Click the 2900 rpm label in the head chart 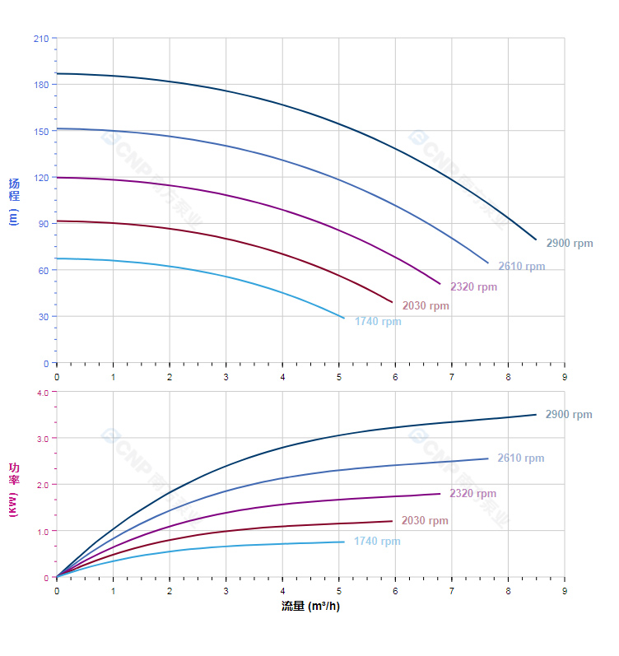tap(569, 244)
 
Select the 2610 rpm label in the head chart tap(521, 267)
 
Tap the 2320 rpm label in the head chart tap(473, 287)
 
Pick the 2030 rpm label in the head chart tap(426, 306)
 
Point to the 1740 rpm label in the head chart tap(378, 322)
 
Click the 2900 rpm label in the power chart tap(569, 415)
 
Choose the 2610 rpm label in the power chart tap(520, 458)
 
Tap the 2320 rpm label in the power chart tap(472, 494)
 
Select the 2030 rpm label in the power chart tap(425, 521)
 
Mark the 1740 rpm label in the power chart tap(377, 542)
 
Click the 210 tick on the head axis tap(40, 39)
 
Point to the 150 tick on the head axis tap(40, 131)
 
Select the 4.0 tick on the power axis tap(43, 393)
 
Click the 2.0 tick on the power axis tap(43, 485)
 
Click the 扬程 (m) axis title tap(14, 202)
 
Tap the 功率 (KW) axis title tap(14, 489)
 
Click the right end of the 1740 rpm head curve tap(344, 318)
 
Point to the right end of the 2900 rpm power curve tap(536, 414)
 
